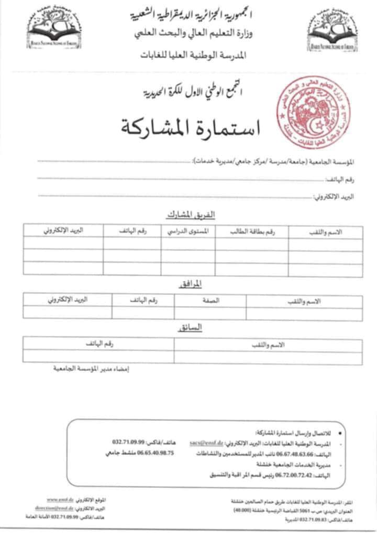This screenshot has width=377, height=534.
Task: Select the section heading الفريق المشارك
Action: click(x=191, y=215)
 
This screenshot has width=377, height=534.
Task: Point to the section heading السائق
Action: click(x=191, y=327)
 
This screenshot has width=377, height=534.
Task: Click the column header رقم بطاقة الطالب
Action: click(x=252, y=231)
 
